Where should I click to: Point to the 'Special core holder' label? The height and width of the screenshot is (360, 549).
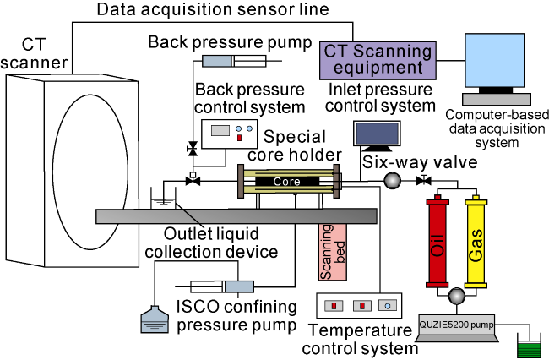302,145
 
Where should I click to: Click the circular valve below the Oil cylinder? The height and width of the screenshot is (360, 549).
456,295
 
